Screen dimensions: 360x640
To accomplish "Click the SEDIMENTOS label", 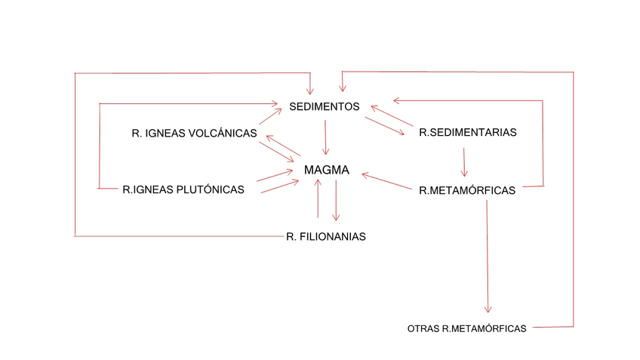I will click(324, 106).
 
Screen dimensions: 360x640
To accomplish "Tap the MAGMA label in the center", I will click(326, 171).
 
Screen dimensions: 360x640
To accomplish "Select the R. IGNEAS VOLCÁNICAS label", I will click(194, 134).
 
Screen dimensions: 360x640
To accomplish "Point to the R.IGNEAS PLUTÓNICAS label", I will click(183, 189).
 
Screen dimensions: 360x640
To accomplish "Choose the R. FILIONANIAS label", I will click(326, 236).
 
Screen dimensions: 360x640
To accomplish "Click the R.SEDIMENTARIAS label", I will click(467, 132).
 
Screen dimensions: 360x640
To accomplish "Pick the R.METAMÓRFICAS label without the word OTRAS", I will click(467, 190).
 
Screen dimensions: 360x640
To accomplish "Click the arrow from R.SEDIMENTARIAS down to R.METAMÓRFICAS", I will click(463, 160).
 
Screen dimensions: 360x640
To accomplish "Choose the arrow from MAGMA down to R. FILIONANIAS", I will click(336, 200).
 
